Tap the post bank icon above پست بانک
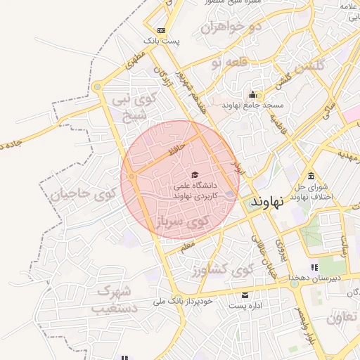(x=162, y=30)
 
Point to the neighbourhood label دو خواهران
(x=231, y=27)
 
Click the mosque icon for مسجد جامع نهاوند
(x=252, y=94)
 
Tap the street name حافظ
(x=176, y=150)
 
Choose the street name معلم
(x=187, y=247)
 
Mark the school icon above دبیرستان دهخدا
(x=314, y=267)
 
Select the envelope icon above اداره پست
(x=245, y=294)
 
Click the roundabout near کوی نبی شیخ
(x=97, y=87)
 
